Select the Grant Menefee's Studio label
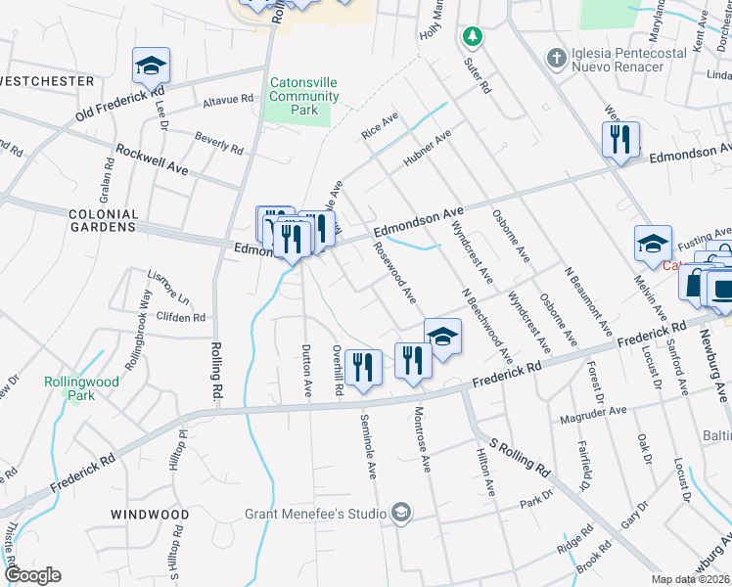(x=317, y=513)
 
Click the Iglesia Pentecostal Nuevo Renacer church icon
(x=556, y=58)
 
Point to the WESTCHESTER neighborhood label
(x=48, y=81)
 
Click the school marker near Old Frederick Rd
(x=152, y=66)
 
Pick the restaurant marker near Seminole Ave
(x=363, y=367)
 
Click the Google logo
(x=32, y=575)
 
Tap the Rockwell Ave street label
(x=152, y=160)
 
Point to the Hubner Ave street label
(x=429, y=150)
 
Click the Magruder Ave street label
(x=592, y=412)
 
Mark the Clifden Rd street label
(x=181, y=318)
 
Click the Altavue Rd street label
(x=227, y=100)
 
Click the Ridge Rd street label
(x=574, y=541)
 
